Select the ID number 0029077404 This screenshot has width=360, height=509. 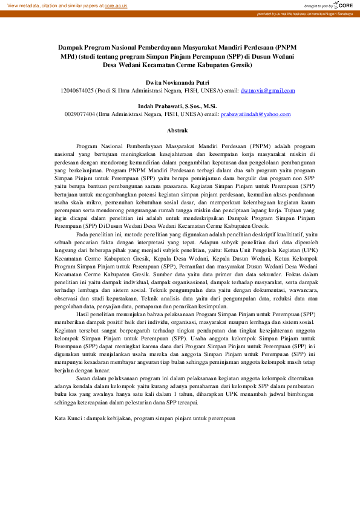(x=80, y=114)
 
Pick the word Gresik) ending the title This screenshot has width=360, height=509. (x=241, y=65)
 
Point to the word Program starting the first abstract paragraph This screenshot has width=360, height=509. (x=88, y=146)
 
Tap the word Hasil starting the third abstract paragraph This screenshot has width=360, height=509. (x=83, y=315)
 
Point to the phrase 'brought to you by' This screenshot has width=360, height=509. (x=319, y=5)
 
